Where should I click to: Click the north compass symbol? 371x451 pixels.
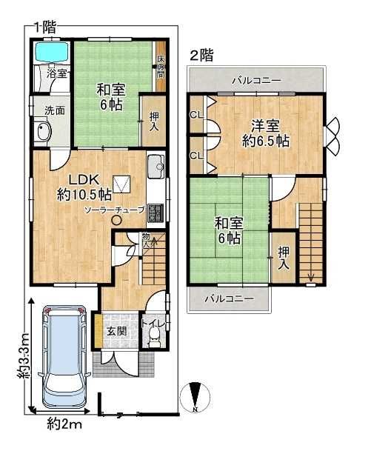click(195, 398)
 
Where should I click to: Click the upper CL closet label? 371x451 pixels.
click(195, 115)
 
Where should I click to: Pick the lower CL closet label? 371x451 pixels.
click(195, 156)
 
